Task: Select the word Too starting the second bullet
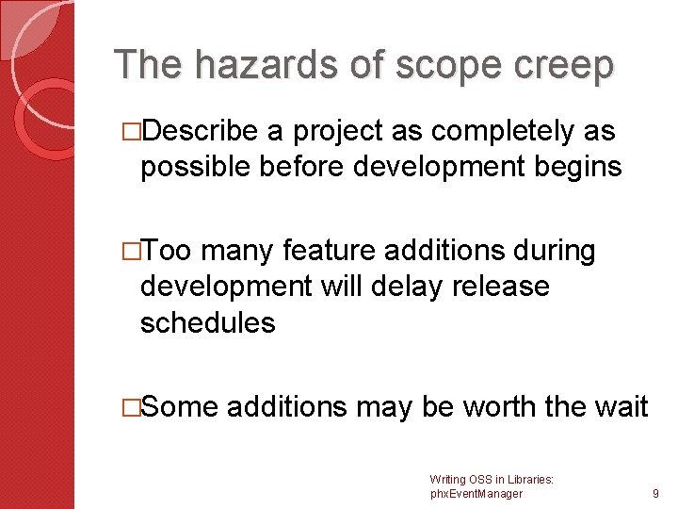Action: (x=169, y=252)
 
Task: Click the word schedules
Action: (x=207, y=322)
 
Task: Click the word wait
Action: (x=621, y=406)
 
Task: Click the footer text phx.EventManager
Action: (x=476, y=493)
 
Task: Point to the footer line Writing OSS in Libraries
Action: (x=491, y=480)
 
